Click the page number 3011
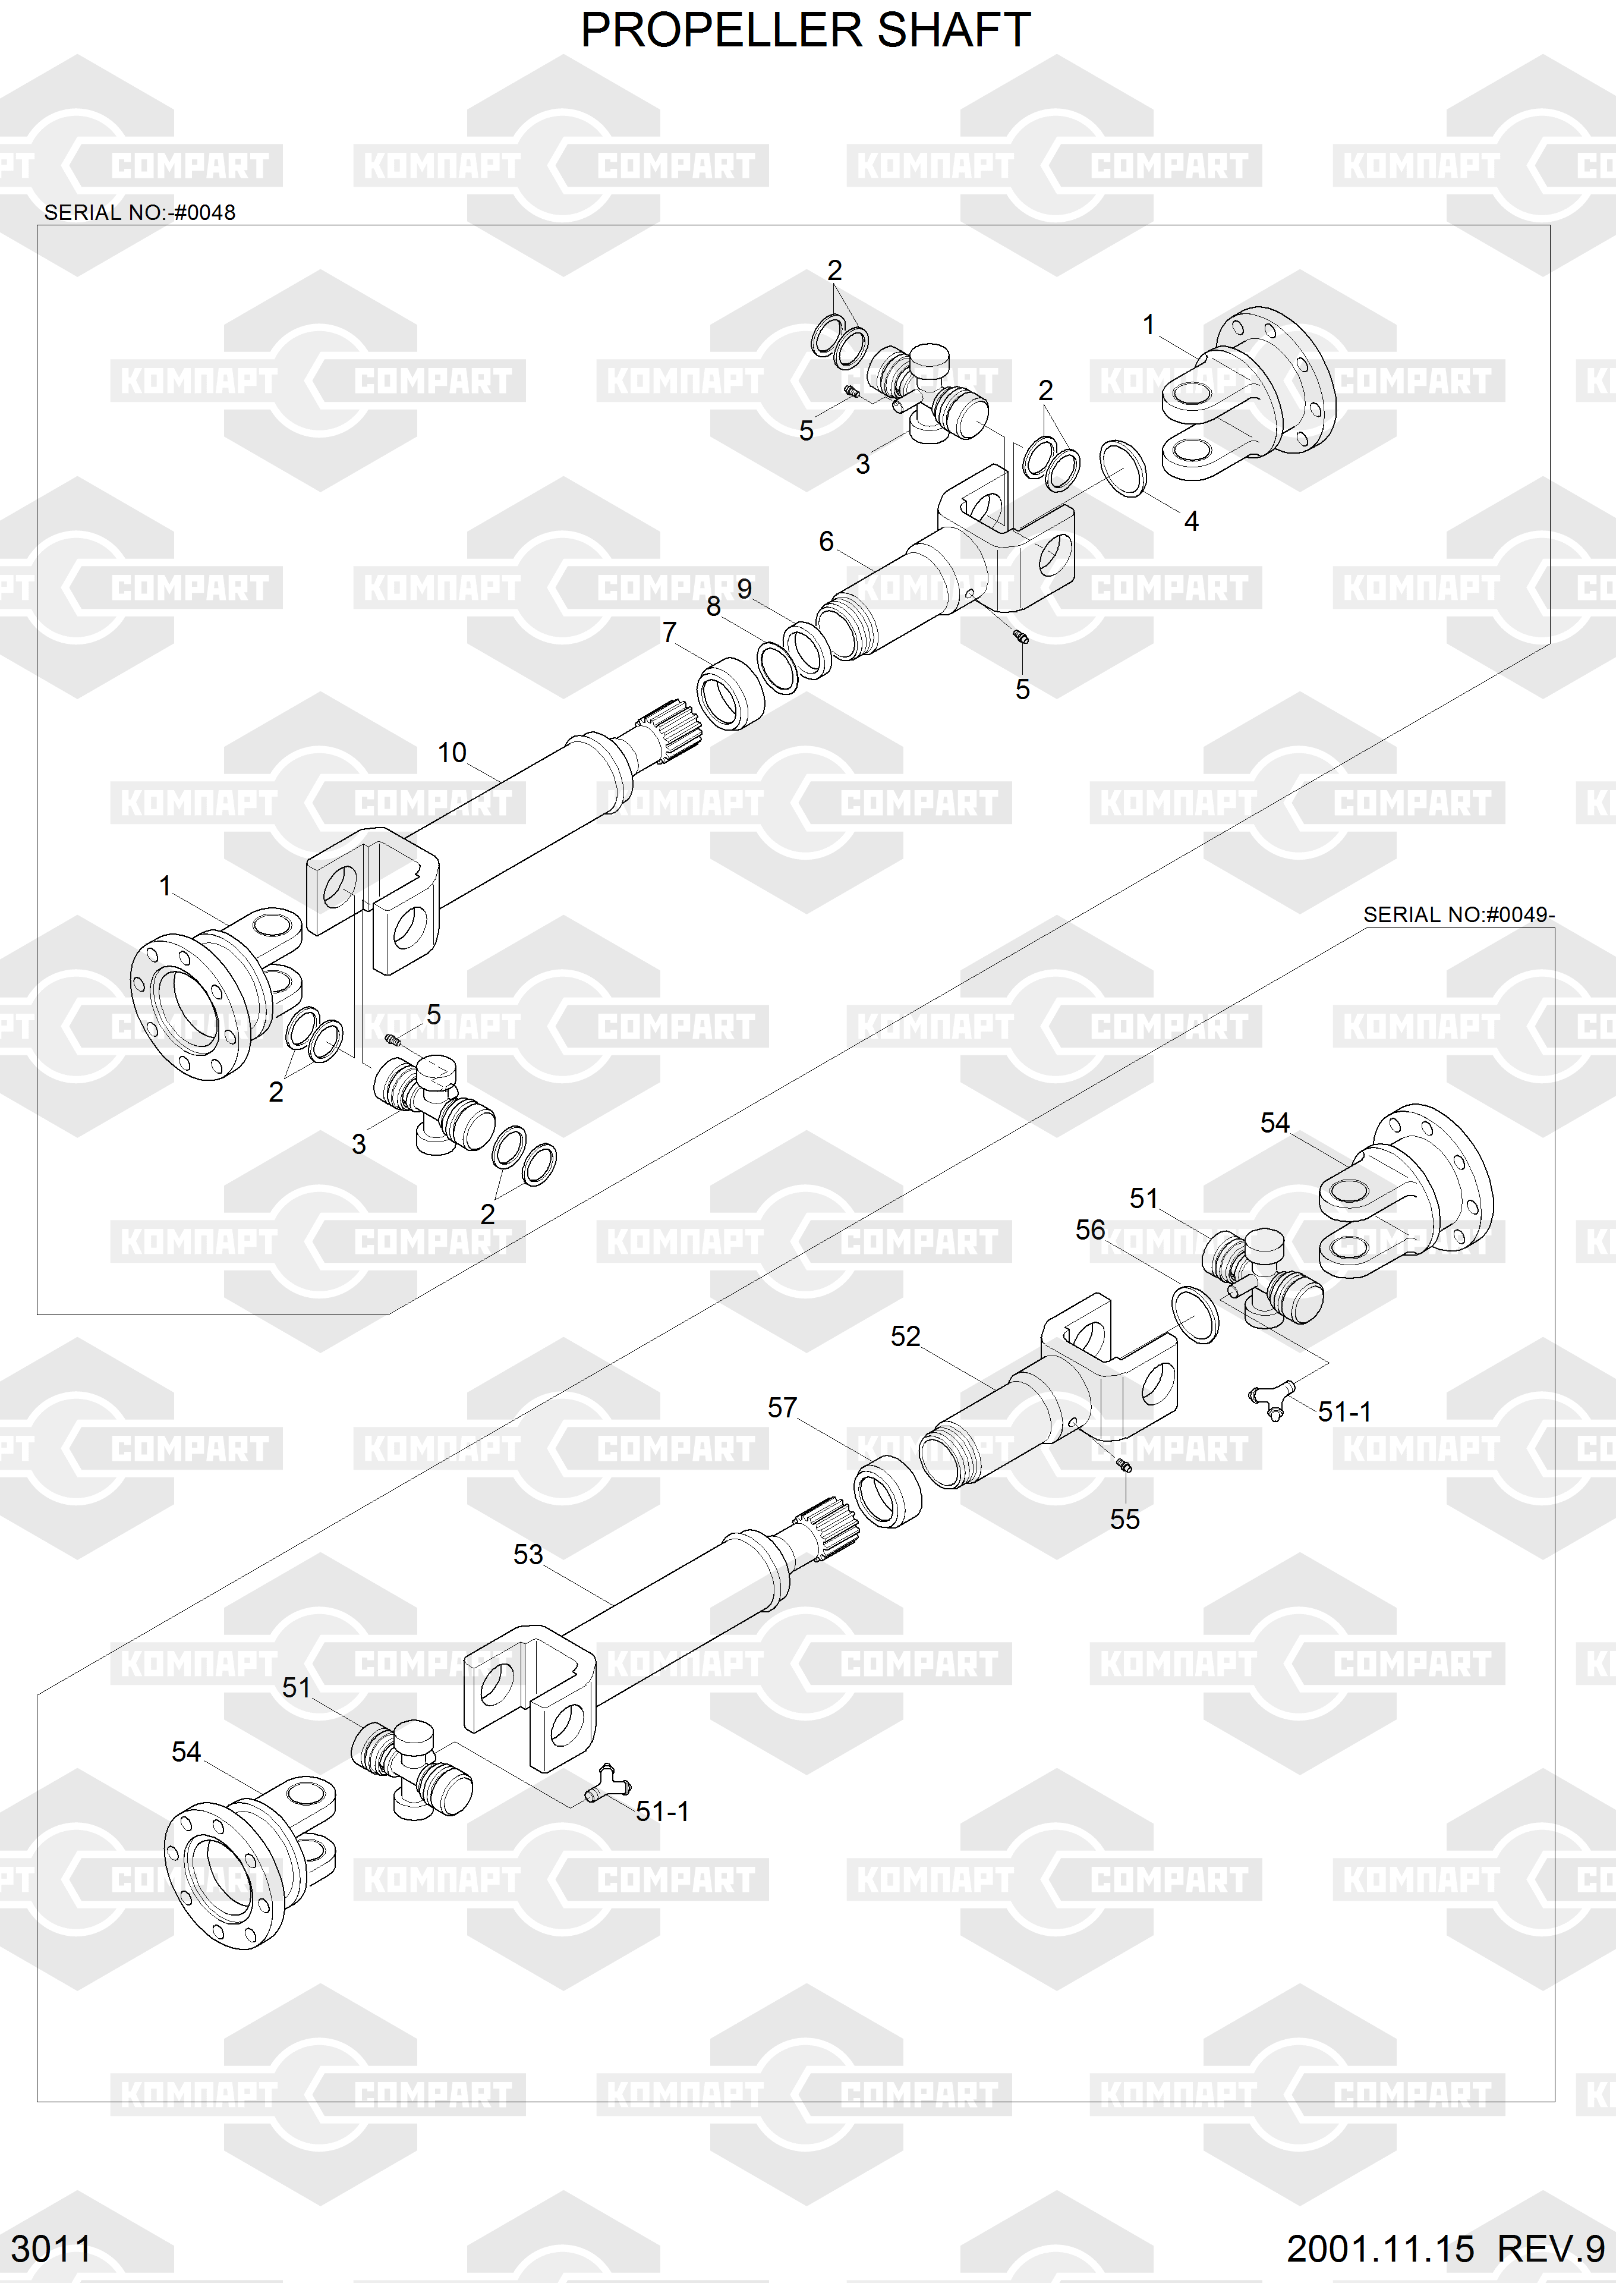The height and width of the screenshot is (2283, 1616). pos(51,2248)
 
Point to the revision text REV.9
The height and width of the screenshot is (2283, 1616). pos(1550,2248)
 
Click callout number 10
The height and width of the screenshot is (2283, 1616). pos(452,753)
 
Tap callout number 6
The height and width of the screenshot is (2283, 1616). pos(826,542)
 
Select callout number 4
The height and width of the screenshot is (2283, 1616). pos(1191,520)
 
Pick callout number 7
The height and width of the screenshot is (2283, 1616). pos(670,632)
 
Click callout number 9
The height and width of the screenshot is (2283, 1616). pos(744,588)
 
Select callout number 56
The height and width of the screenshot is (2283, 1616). pos(1091,1230)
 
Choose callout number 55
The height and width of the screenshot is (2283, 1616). pos(1124,1518)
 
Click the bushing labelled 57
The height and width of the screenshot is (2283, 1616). pos(887,1490)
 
